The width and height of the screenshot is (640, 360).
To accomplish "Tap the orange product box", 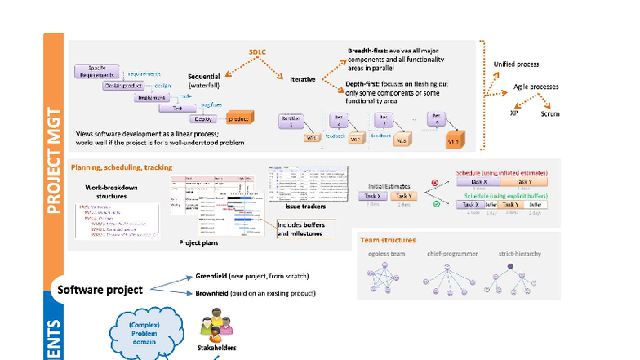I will (x=239, y=120).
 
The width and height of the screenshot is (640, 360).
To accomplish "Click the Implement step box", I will (x=151, y=96).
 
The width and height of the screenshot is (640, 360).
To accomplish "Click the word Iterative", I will (x=303, y=79).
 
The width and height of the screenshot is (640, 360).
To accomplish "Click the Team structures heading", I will (x=388, y=241).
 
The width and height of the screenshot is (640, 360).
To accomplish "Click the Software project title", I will (x=100, y=290).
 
